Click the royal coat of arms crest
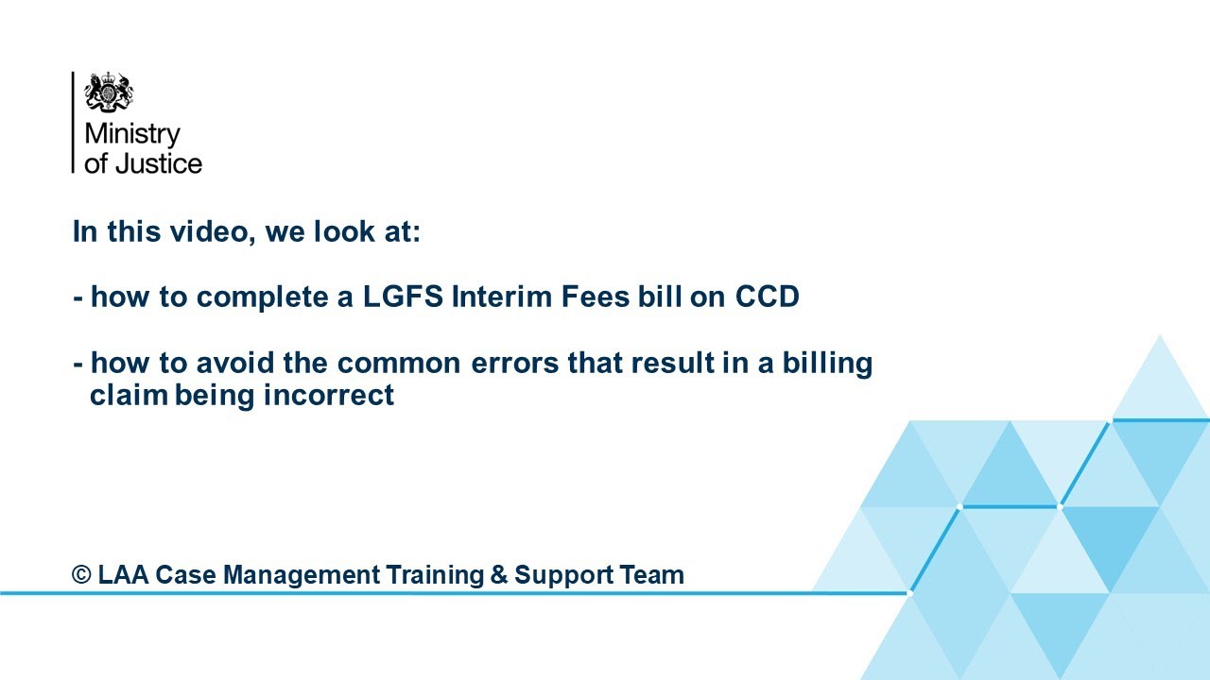(109, 93)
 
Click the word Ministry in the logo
(131, 134)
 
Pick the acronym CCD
(767, 297)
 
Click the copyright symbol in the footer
(82, 574)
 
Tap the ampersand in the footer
(500, 574)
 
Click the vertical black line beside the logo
(73, 123)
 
